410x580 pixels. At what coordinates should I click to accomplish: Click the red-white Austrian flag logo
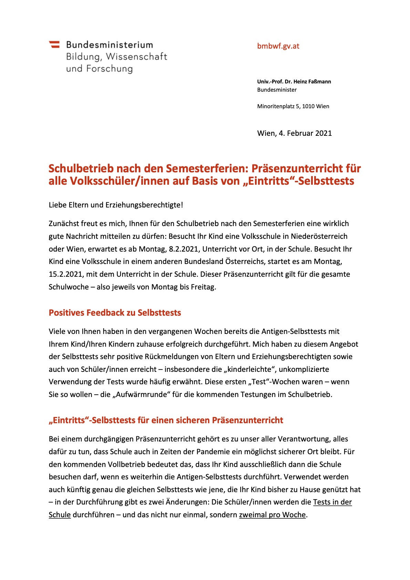[54, 44]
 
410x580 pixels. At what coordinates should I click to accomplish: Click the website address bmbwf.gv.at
[278, 46]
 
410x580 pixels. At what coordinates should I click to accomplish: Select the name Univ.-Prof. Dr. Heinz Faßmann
[294, 82]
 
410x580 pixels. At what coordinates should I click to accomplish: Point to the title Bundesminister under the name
[277, 90]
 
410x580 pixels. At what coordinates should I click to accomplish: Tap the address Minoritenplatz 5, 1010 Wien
[293, 106]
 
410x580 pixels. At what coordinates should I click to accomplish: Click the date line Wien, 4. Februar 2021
[294, 133]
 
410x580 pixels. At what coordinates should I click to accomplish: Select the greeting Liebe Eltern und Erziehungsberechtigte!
[116, 205]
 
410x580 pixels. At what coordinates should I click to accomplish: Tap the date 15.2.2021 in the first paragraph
[65, 274]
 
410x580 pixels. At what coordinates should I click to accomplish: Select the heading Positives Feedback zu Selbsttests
[115, 313]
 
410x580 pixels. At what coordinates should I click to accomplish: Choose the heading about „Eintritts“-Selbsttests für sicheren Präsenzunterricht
[166, 420]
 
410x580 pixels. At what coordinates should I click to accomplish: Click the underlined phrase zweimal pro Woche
[272, 515]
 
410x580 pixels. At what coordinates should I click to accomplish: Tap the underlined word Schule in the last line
[60, 515]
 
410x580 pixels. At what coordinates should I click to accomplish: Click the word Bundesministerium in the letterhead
[110, 45]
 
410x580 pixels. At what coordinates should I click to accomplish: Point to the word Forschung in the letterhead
[109, 69]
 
